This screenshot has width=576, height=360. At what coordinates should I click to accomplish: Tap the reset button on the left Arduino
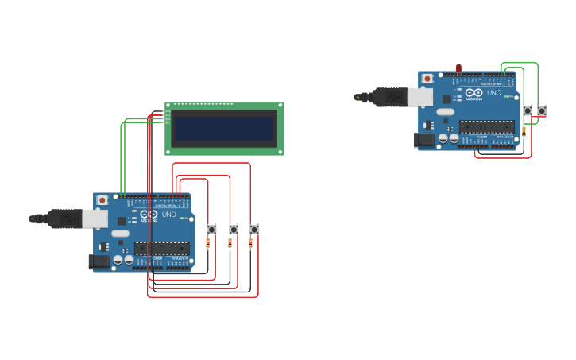[102, 200]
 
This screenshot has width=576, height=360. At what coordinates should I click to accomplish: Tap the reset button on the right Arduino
[427, 79]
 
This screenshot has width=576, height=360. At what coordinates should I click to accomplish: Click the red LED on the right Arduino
[458, 68]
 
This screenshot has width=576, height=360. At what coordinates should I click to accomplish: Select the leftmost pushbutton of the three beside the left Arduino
[211, 230]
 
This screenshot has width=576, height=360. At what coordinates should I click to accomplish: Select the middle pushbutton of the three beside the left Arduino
[233, 230]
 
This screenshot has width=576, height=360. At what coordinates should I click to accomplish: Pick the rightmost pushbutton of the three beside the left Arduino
[253, 230]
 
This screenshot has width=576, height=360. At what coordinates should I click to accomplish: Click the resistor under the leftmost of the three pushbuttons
[208, 243]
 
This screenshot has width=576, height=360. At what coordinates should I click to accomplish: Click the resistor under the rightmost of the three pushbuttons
[250, 243]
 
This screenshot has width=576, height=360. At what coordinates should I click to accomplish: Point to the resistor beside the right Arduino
[524, 131]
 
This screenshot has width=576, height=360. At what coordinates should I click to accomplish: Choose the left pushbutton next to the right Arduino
[527, 110]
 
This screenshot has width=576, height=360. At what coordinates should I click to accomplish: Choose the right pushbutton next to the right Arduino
[542, 110]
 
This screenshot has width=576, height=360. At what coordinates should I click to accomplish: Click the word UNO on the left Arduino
[168, 215]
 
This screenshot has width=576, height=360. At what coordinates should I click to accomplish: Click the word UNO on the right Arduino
[493, 93]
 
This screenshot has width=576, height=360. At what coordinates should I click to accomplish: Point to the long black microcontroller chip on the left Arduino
[161, 248]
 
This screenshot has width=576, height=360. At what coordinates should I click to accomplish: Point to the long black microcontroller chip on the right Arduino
[486, 126]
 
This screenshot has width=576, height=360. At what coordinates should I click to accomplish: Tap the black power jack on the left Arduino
[99, 261]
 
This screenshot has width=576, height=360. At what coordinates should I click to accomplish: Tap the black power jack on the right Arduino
[424, 139]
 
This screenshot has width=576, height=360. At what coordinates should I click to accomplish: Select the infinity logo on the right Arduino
[474, 93]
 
